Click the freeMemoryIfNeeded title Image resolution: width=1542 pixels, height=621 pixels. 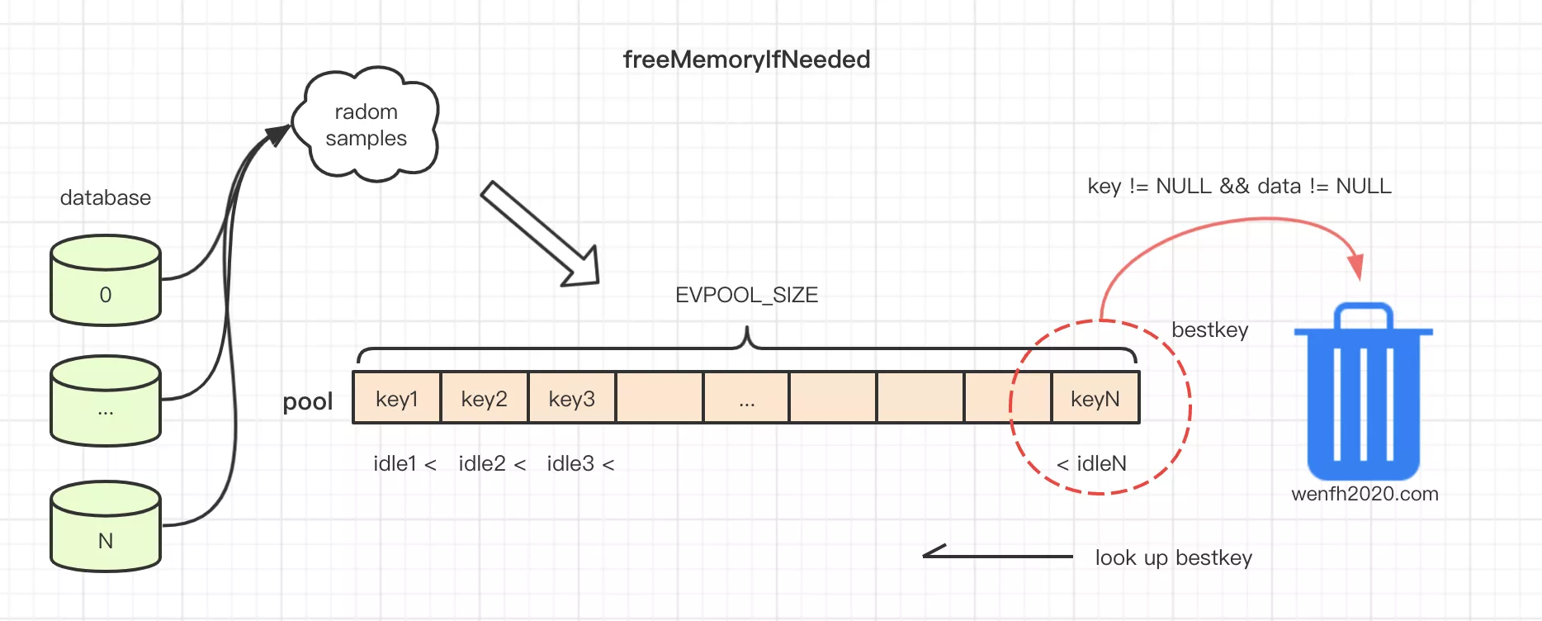746,59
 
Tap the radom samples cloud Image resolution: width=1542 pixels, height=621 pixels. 366,125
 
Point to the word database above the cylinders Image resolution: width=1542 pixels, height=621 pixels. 106,197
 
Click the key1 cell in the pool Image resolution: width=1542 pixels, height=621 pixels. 397,398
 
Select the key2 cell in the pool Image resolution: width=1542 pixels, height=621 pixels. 485,398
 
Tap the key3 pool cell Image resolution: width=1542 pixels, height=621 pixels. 572,398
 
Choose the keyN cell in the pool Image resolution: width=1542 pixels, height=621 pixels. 1095,398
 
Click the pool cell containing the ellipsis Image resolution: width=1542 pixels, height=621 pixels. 746,398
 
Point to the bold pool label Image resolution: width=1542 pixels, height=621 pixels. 308,401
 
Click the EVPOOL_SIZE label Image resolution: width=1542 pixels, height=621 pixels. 746,295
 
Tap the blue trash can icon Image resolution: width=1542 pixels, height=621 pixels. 1363,392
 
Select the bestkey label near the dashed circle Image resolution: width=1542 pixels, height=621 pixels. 1209,329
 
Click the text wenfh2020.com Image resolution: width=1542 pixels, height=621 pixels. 1365,494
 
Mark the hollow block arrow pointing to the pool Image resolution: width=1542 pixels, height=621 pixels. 541,235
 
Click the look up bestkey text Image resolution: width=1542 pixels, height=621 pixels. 1173,557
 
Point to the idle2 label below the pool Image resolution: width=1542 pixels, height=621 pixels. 483,463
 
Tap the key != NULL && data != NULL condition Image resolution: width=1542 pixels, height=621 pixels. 1239,186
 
